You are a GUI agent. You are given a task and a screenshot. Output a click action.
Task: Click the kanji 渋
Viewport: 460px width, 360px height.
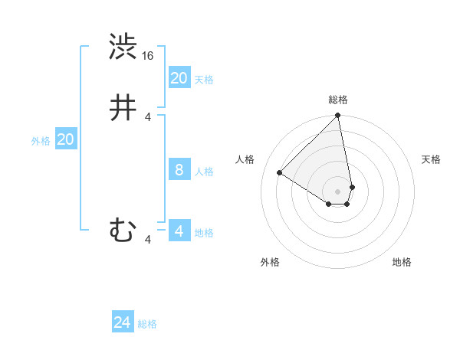click(x=123, y=47)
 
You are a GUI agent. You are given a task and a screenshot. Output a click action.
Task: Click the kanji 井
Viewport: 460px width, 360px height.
click(x=123, y=108)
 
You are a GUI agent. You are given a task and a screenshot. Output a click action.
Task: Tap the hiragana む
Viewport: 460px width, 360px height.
click(x=123, y=230)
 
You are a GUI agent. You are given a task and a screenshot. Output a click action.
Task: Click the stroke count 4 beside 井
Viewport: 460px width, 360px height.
click(x=148, y=116)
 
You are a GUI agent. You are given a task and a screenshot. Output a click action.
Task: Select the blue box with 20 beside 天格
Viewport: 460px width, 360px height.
click(x=179, y=78)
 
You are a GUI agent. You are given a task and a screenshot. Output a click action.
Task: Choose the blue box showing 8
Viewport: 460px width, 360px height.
click(x=179, y=170)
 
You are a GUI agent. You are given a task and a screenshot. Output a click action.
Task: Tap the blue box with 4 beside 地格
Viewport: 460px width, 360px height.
click(x=179, y=231)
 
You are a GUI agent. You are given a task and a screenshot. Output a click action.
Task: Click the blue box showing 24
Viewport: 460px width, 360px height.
click(x=123, y=323)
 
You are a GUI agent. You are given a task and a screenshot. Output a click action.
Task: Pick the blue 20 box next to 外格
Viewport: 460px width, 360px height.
click(x=66, y=139)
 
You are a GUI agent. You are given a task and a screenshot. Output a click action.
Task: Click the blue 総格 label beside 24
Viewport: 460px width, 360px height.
click(x=147, y=324)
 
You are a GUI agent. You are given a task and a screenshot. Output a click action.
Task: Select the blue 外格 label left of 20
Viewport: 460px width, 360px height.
click(x=41, y=140)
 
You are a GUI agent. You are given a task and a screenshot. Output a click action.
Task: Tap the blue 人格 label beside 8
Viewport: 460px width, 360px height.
click(x=204, y=171)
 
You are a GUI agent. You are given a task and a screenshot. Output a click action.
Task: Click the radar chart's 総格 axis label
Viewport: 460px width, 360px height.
click(x=337, y=100)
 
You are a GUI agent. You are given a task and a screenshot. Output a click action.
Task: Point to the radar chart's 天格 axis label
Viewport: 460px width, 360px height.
click(x=431, y=159)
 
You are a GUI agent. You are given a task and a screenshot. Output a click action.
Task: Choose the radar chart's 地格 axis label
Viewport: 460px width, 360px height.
click(x=402, y=262)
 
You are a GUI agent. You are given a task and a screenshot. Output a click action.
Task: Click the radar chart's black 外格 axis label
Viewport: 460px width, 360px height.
click(x=270, y=262)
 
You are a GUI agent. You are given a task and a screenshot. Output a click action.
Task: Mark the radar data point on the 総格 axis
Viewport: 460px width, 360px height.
click(x=337, y=116)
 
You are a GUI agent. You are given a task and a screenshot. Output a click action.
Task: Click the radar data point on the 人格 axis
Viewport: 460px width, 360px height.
click(x=280, y=172)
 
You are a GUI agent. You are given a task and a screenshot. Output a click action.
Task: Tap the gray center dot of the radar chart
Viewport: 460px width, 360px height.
click(x=337, y=191)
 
